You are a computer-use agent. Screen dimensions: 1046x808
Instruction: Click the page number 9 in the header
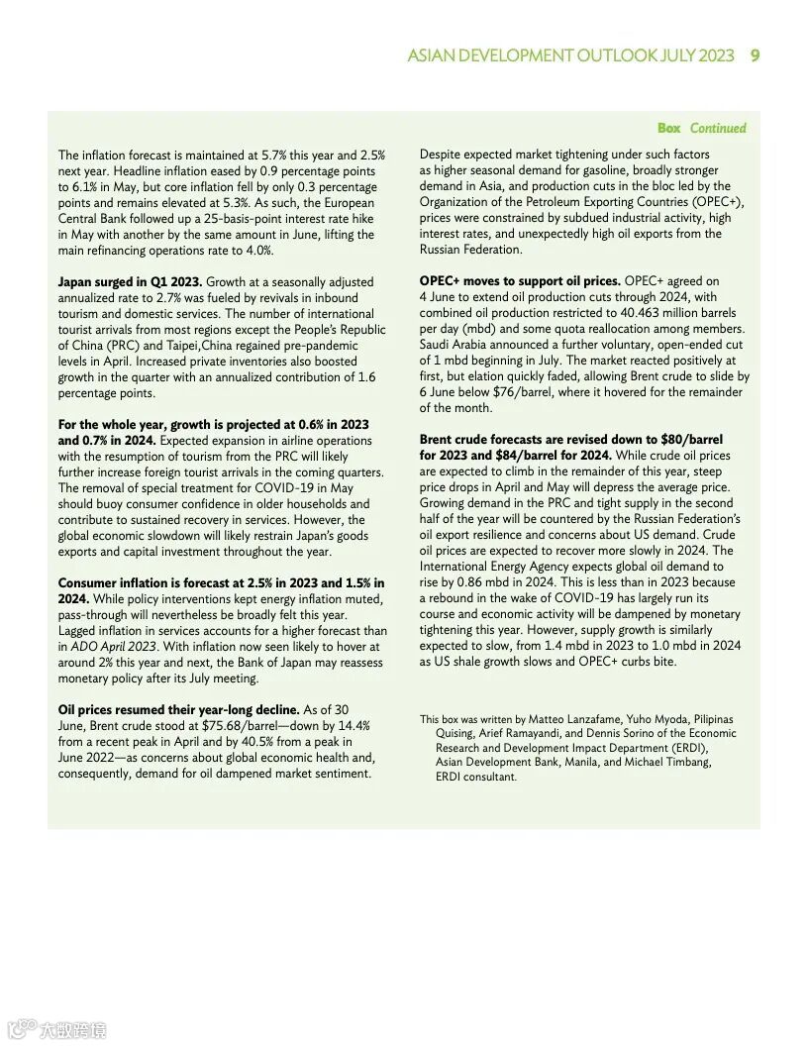point(755,55)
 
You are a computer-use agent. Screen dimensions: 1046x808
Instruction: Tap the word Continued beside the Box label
point(718,128)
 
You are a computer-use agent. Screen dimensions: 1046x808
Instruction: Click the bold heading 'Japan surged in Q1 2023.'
point(129,282)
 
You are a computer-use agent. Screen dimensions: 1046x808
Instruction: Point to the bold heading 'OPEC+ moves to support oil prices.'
point(520,281)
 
